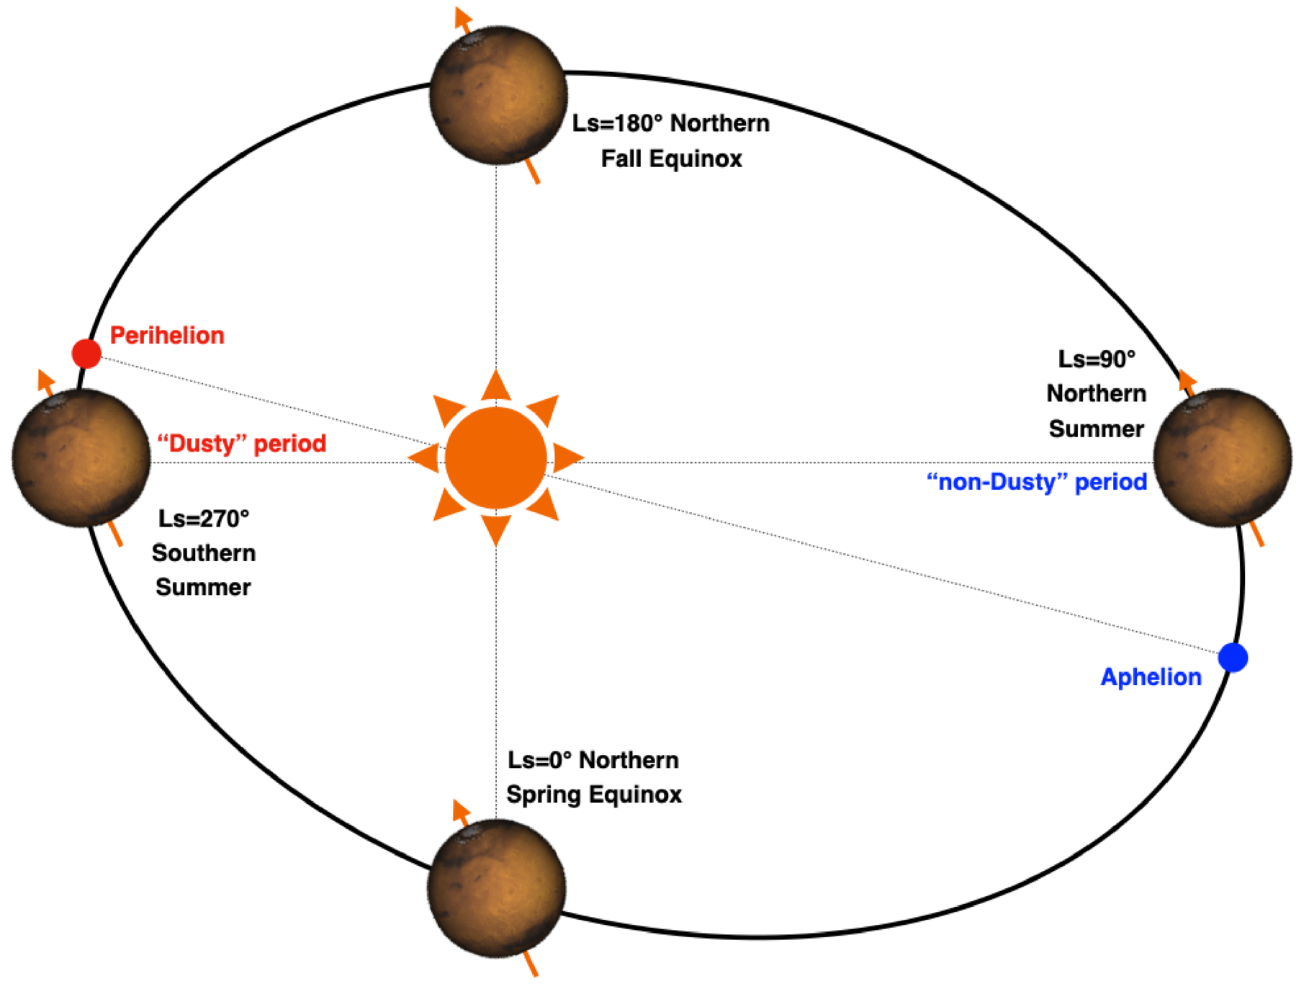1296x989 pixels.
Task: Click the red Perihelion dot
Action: tap(86, 353)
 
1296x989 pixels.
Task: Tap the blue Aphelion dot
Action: tap(1233, 657)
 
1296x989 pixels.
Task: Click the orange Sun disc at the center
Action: tap(495, 457)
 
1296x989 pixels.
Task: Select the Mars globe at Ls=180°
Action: tap(498, 95)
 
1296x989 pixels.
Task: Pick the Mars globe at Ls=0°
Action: tap(497, 887)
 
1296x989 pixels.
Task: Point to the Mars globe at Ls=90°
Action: tap(1222, 458)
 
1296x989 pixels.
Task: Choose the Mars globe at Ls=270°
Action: tap(81, 458)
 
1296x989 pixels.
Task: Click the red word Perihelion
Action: tap(167, 335)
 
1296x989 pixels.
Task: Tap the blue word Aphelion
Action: tap(1151, 677)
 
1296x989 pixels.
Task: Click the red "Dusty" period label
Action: tap(242, 443)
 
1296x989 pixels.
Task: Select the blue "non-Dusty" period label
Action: tap(1036, 481)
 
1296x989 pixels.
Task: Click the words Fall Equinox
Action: tap(671, 158)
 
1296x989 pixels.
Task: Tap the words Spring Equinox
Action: tap(594, 795)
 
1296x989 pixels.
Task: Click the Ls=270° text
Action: tap(204, 519)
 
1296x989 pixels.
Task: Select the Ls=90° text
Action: tap(1096, 359)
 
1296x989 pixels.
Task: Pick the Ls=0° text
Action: tap(539, 760)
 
